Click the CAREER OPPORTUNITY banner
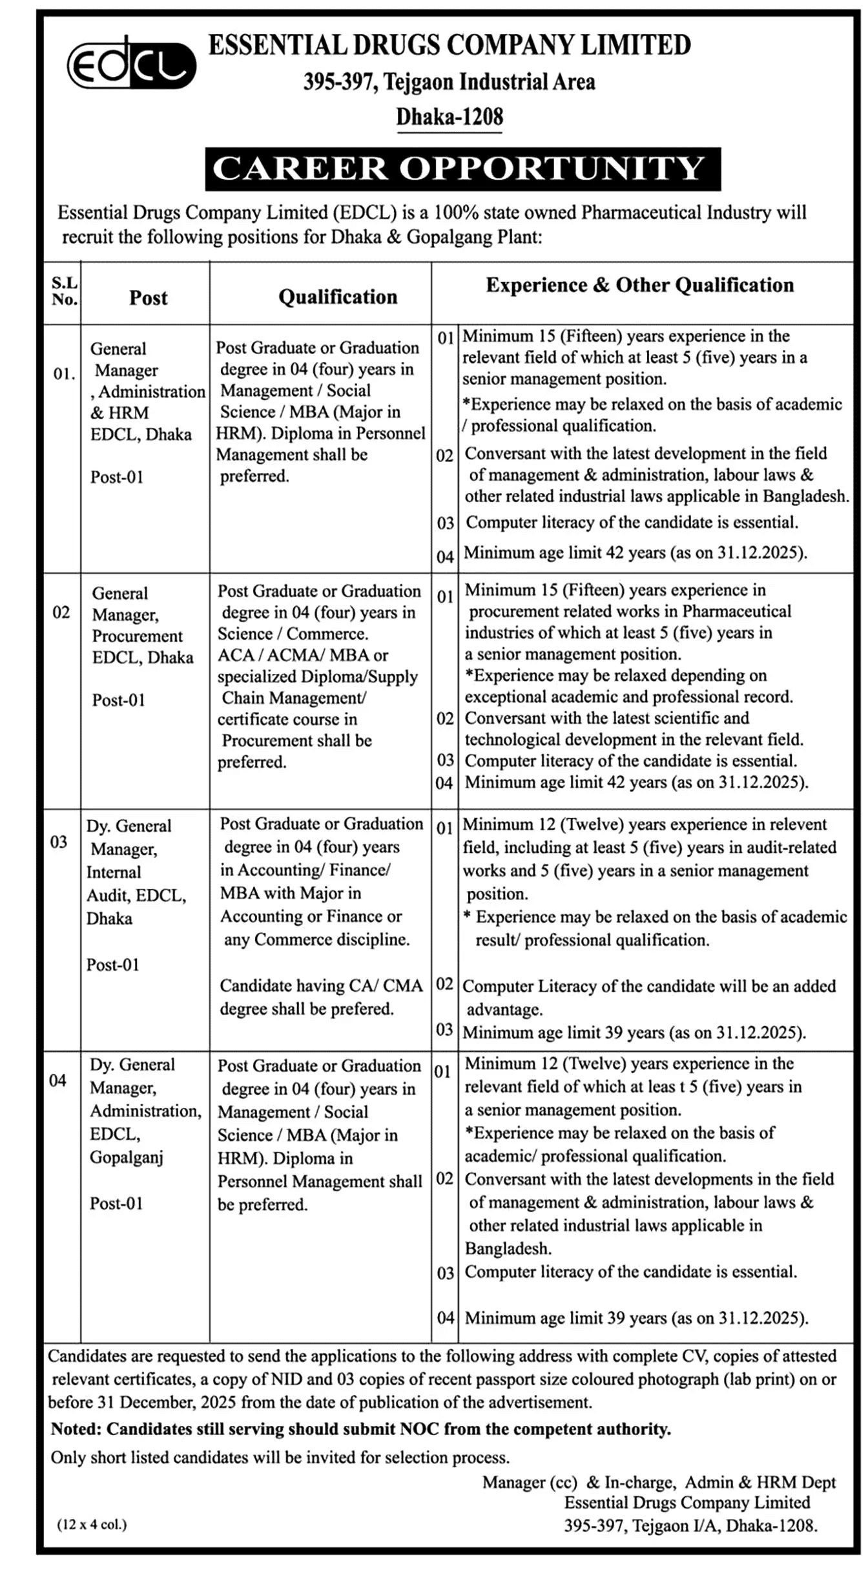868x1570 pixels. click(462, 169)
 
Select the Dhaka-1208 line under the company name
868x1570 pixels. click(449, 117)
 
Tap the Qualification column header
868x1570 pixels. click(338, 297)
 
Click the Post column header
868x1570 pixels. click(148, 298)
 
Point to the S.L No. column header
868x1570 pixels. click(64, 291)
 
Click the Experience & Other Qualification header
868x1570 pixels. click(639, 285)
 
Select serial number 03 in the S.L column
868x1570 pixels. click(59, 842)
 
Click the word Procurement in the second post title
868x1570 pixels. click(138, 636)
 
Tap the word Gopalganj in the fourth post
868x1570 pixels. click(127, 1157)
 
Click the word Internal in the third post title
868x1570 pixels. click(114, 872)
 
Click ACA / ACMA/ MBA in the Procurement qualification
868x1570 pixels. click(302, 655)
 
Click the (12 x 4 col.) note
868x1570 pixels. click(92, 1524)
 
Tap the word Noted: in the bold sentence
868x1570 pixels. click(76, 1429)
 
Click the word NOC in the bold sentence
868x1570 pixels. click(419, 1429)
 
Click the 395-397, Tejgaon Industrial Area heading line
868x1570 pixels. click(449, 81)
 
